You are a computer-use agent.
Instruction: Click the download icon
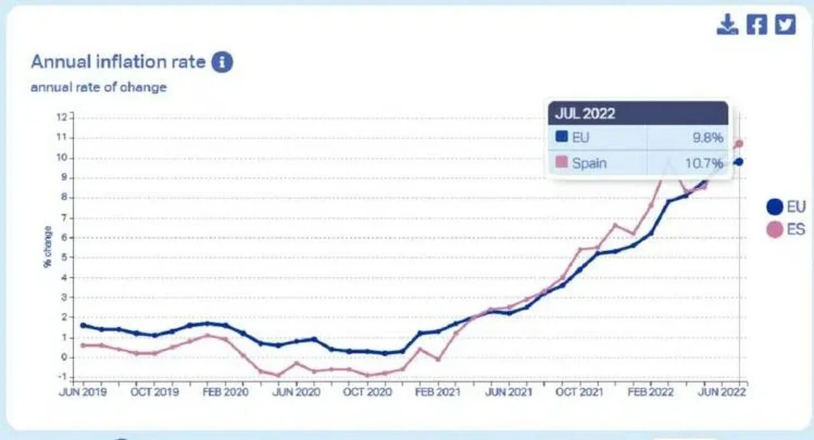point(728,24)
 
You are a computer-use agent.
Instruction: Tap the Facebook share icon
point(757,24)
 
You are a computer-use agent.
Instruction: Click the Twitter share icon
point(785,24)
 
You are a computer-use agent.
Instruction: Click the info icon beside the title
point(222,62)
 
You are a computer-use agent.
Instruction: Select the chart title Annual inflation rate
point(118,62)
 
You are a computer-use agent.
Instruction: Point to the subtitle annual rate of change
point(99,87)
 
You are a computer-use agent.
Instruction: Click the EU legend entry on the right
point(786,207)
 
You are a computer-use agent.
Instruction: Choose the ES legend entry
point(786,230)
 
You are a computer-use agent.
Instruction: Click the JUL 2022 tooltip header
point(585,113)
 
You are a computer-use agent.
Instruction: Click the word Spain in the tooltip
point(589,163)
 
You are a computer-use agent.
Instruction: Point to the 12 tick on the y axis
point(62,117)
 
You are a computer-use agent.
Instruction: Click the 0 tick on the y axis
point(62,357)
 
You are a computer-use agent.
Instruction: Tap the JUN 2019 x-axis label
point(83,392)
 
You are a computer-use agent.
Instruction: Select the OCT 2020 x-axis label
point(367,392)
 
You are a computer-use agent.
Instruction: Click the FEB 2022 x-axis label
point(651,392)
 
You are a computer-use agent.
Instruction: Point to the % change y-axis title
point(48,246)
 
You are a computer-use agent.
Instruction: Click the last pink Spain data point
point(739,144)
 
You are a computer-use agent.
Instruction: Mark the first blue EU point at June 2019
point(83,325)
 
